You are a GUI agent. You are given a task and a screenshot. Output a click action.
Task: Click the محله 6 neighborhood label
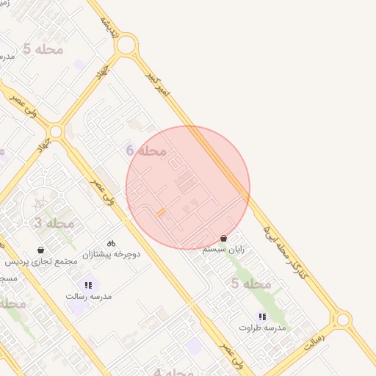point(146,151)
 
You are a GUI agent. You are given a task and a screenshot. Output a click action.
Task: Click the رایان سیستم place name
point(223,250)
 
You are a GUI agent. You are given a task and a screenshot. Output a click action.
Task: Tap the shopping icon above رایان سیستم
point(223,239)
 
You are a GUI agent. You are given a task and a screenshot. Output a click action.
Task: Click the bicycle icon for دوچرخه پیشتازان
point(111,243)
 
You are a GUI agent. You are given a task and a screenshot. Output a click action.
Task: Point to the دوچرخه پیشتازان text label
point(111,254)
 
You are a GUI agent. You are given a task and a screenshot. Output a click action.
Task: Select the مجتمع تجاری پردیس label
point(41,261)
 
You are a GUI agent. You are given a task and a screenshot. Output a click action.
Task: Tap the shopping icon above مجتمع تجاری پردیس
point(41,250)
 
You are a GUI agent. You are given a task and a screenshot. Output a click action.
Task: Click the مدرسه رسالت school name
point(88,296)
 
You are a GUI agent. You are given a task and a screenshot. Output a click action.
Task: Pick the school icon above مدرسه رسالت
point(88,285)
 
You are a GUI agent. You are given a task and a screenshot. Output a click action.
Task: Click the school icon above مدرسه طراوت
point(261,317)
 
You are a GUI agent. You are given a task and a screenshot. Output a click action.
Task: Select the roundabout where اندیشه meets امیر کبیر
point(126,46)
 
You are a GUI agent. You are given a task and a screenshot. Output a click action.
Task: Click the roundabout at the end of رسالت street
point(341,320)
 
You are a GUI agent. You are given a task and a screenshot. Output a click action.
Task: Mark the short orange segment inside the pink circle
point(161,212)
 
